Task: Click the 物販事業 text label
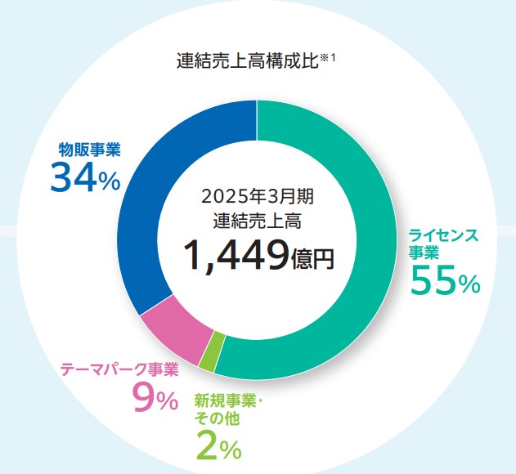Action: coord(90,150)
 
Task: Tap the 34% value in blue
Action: coord(85,177)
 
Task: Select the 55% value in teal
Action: coord(444,282)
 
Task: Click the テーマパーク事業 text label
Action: coord(119,369)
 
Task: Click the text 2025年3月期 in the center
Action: coord(257,196)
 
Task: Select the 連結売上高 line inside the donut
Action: coord(257,219)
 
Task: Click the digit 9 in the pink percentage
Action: coord(144,399)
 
